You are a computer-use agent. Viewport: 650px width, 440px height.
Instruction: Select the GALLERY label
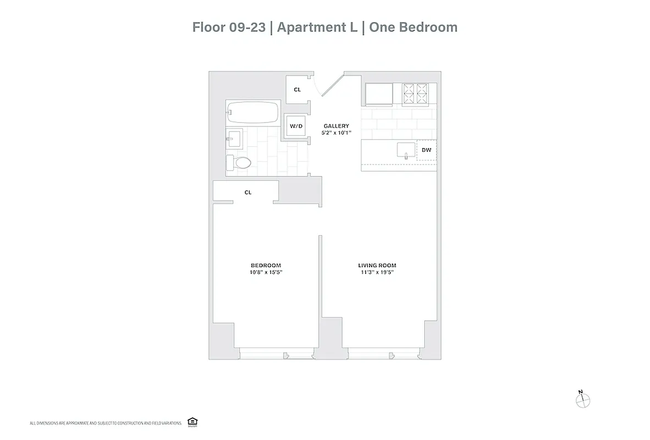336,126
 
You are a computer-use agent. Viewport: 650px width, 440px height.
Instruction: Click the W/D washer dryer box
296,126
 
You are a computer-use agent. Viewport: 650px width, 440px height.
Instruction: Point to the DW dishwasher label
426,150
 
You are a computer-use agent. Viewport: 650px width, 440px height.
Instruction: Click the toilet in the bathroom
240,163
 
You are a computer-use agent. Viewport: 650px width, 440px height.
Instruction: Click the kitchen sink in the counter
406,149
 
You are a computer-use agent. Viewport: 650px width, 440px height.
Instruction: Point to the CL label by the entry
297,89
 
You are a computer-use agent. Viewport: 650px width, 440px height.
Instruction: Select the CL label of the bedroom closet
248,193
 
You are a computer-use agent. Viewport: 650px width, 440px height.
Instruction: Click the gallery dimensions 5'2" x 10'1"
336,133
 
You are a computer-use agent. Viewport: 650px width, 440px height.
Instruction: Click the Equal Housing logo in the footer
192,422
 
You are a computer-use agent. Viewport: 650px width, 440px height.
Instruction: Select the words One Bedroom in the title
413,27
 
